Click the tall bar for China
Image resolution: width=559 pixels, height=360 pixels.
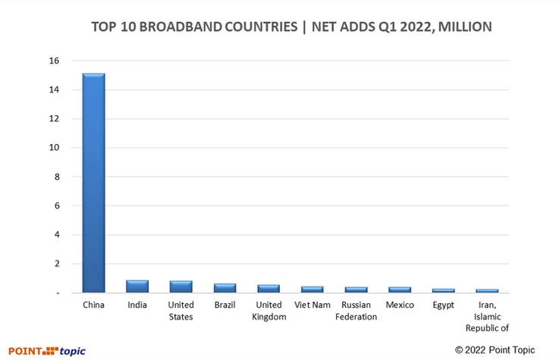click(x=94, y=182)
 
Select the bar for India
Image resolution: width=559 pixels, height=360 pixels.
click(x=137, y=286)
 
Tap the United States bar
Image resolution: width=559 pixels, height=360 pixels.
click(x=181, y=286)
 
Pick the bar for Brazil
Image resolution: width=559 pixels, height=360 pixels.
click(x=225, y=288)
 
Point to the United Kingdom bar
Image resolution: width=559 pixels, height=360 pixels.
click(x=269, y=289)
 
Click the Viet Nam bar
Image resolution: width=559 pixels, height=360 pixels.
click(x=312, y=290)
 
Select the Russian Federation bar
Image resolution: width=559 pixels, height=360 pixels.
click(x=356, y=290)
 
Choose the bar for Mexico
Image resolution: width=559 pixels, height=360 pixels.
click(x=399, y=290)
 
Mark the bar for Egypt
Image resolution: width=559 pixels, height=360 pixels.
click(x=443, y=290)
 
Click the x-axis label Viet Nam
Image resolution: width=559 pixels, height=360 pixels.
click(x=312, y=305)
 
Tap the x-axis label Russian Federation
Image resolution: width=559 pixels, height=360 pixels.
click(x=356, y=311)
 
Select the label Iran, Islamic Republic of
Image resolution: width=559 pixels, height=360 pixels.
click(x=487, y=316)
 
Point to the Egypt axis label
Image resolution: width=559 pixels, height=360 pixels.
click(x=443, y=305)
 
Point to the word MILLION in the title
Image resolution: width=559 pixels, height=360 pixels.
click(x=464, y=27)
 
